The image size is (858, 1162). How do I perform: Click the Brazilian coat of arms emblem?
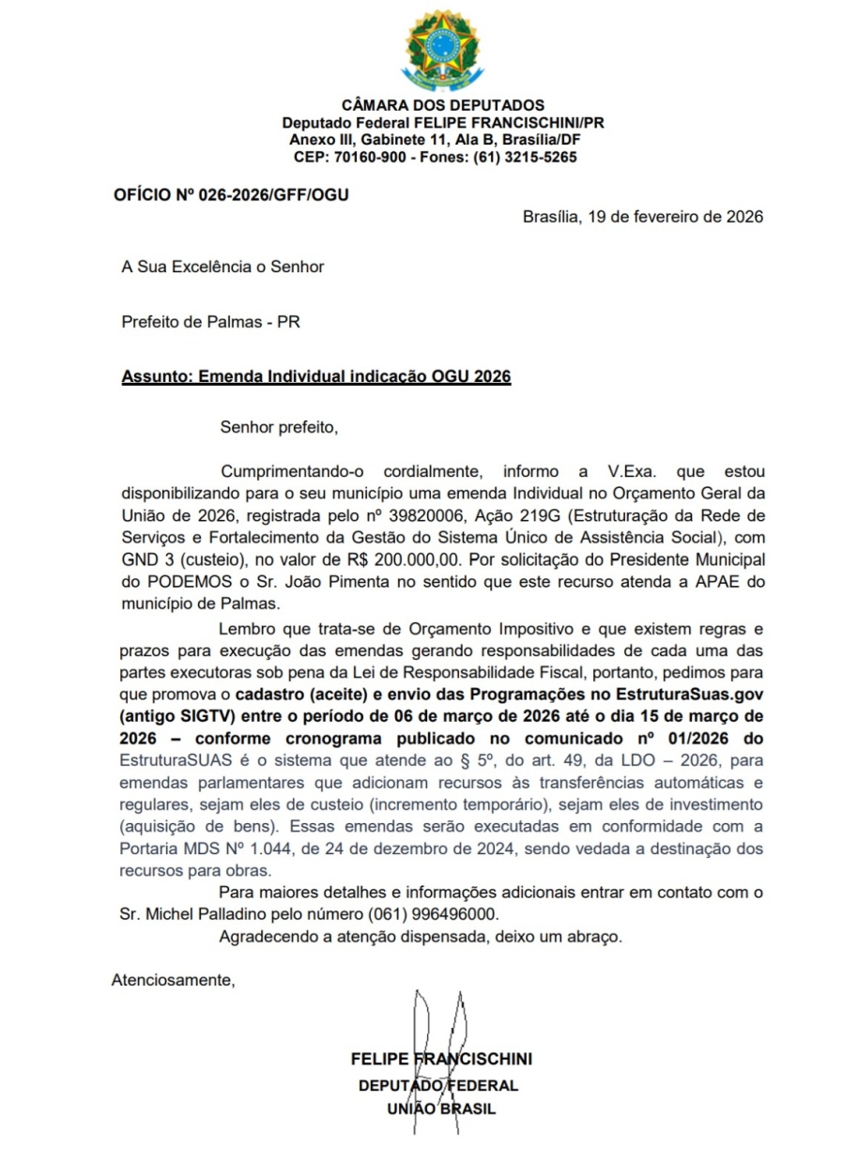441,49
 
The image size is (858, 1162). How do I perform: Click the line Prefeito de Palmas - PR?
210,323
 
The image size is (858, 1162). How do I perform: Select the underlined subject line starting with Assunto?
316,376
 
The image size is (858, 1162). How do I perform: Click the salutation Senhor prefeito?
277,428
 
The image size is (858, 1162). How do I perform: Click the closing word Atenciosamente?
173,981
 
